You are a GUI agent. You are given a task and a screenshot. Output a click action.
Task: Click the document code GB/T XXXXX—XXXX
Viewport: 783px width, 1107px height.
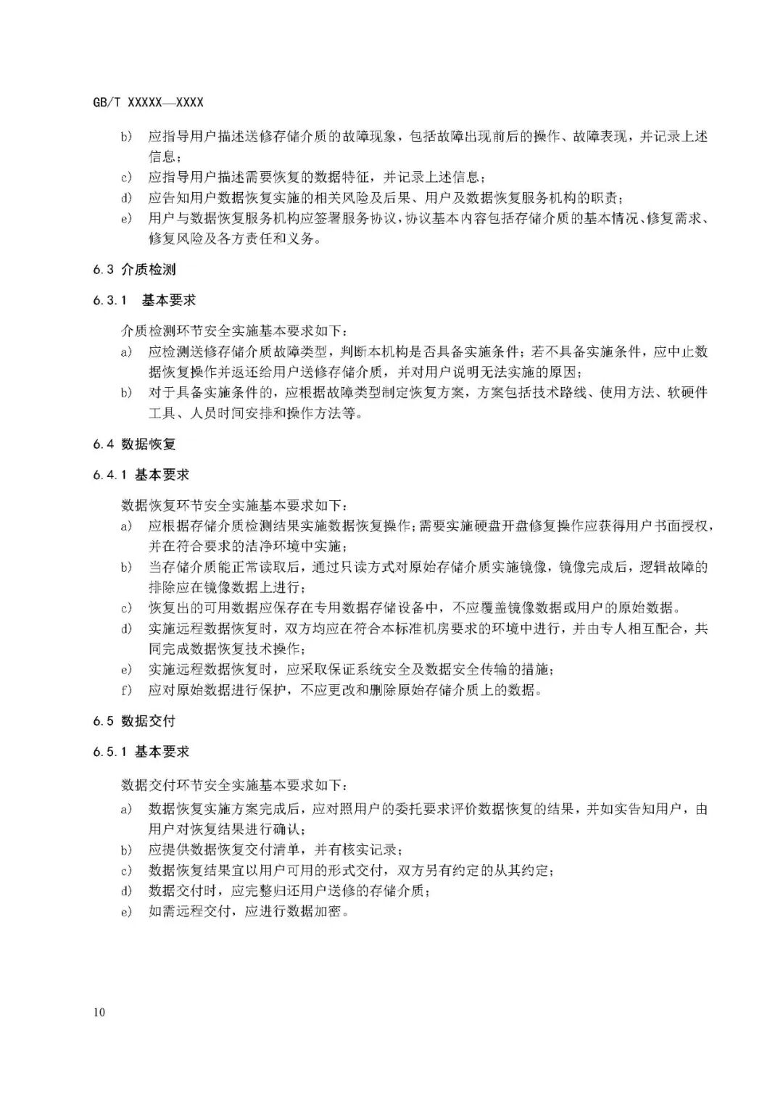[x=148, y=103]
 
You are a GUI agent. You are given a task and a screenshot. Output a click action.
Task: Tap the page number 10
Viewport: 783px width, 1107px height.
[x=99, y=1012]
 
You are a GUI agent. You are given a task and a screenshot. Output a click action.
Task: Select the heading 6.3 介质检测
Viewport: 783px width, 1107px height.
[x=134, y=270]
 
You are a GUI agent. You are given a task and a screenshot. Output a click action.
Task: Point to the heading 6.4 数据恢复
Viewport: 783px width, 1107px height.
[x=134, y=444]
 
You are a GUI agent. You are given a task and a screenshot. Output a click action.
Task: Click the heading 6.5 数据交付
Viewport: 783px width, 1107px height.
[x=134, y=721]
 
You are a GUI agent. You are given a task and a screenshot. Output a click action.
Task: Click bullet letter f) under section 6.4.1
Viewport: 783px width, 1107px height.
[x=127, y=690]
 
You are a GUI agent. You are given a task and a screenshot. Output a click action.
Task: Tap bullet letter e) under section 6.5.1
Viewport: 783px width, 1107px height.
[x=127, y=911]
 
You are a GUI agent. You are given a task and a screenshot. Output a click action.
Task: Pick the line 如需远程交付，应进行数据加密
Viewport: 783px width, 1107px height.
[x=250, y=911]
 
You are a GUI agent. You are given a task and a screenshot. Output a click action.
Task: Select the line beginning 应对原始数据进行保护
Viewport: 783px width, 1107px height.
[x=344, y=690]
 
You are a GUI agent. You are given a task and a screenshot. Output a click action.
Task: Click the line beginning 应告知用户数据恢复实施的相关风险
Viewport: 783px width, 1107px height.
[x=384, y=198]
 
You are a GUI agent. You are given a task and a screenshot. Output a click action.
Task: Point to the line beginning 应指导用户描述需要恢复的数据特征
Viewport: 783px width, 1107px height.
[x=315, y=178]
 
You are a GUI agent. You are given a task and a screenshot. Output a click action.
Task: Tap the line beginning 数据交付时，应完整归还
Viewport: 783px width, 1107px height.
[x=286, y=891]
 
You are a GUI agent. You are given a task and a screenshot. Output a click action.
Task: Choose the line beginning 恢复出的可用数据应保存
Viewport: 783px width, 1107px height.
[x=410, y=608]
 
